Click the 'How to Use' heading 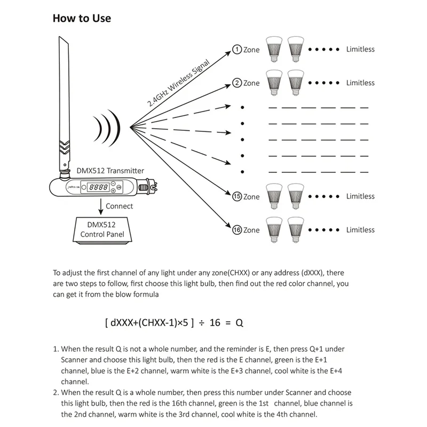point(82,18)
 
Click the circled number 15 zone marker point(237,196)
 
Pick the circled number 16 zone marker point(237,230)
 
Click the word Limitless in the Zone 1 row point(360,49)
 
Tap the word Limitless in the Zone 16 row point(360,230)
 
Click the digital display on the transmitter point(99,188)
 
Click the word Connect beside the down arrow point(119,205)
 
